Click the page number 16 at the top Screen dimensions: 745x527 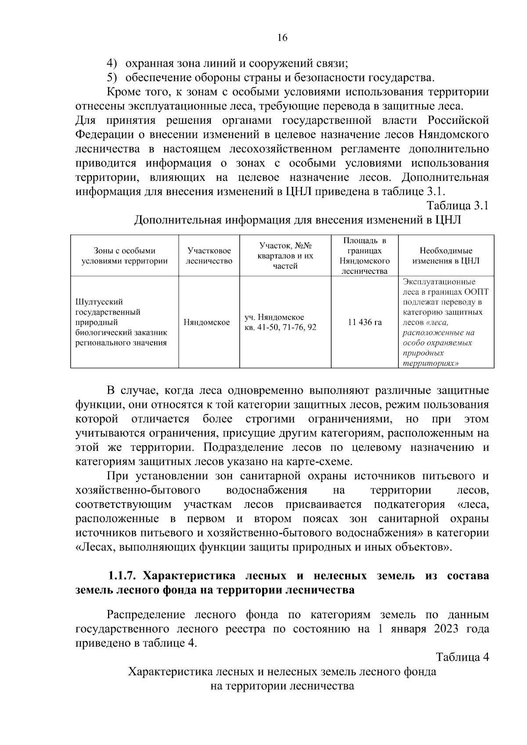point(282,38)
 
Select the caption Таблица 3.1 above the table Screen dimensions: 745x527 point(457,205)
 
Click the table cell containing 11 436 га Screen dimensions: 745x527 point(365,322)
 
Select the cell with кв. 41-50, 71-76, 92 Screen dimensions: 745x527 point(280,328)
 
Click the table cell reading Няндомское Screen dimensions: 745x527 point(206,322)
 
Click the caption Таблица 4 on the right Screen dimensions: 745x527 point(462,657)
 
